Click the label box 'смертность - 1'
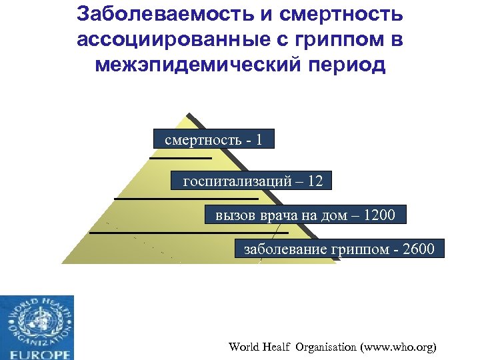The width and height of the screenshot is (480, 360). (213, 141)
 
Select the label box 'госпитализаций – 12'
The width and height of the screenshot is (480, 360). (251, 181)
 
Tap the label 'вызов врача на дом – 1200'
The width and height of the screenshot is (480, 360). (305, 215)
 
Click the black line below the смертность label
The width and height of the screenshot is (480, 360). (180, 158)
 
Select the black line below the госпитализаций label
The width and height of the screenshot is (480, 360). (186, 199)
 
